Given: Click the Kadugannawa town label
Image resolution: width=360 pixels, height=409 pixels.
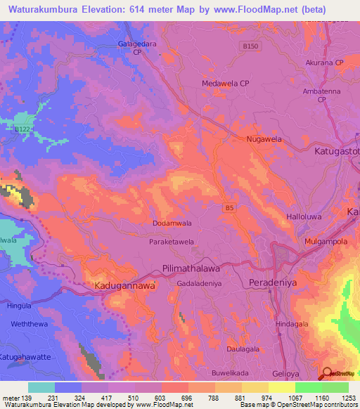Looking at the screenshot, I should [x=124, y=287].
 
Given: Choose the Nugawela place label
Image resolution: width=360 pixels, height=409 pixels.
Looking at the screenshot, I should [x=264, y=140].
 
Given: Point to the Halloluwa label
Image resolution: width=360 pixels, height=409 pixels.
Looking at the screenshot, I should [x=304, y=218].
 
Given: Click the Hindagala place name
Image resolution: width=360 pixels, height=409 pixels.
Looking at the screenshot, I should [x=292, y=325].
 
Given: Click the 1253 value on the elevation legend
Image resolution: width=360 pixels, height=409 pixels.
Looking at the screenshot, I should [x=347, y=397].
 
